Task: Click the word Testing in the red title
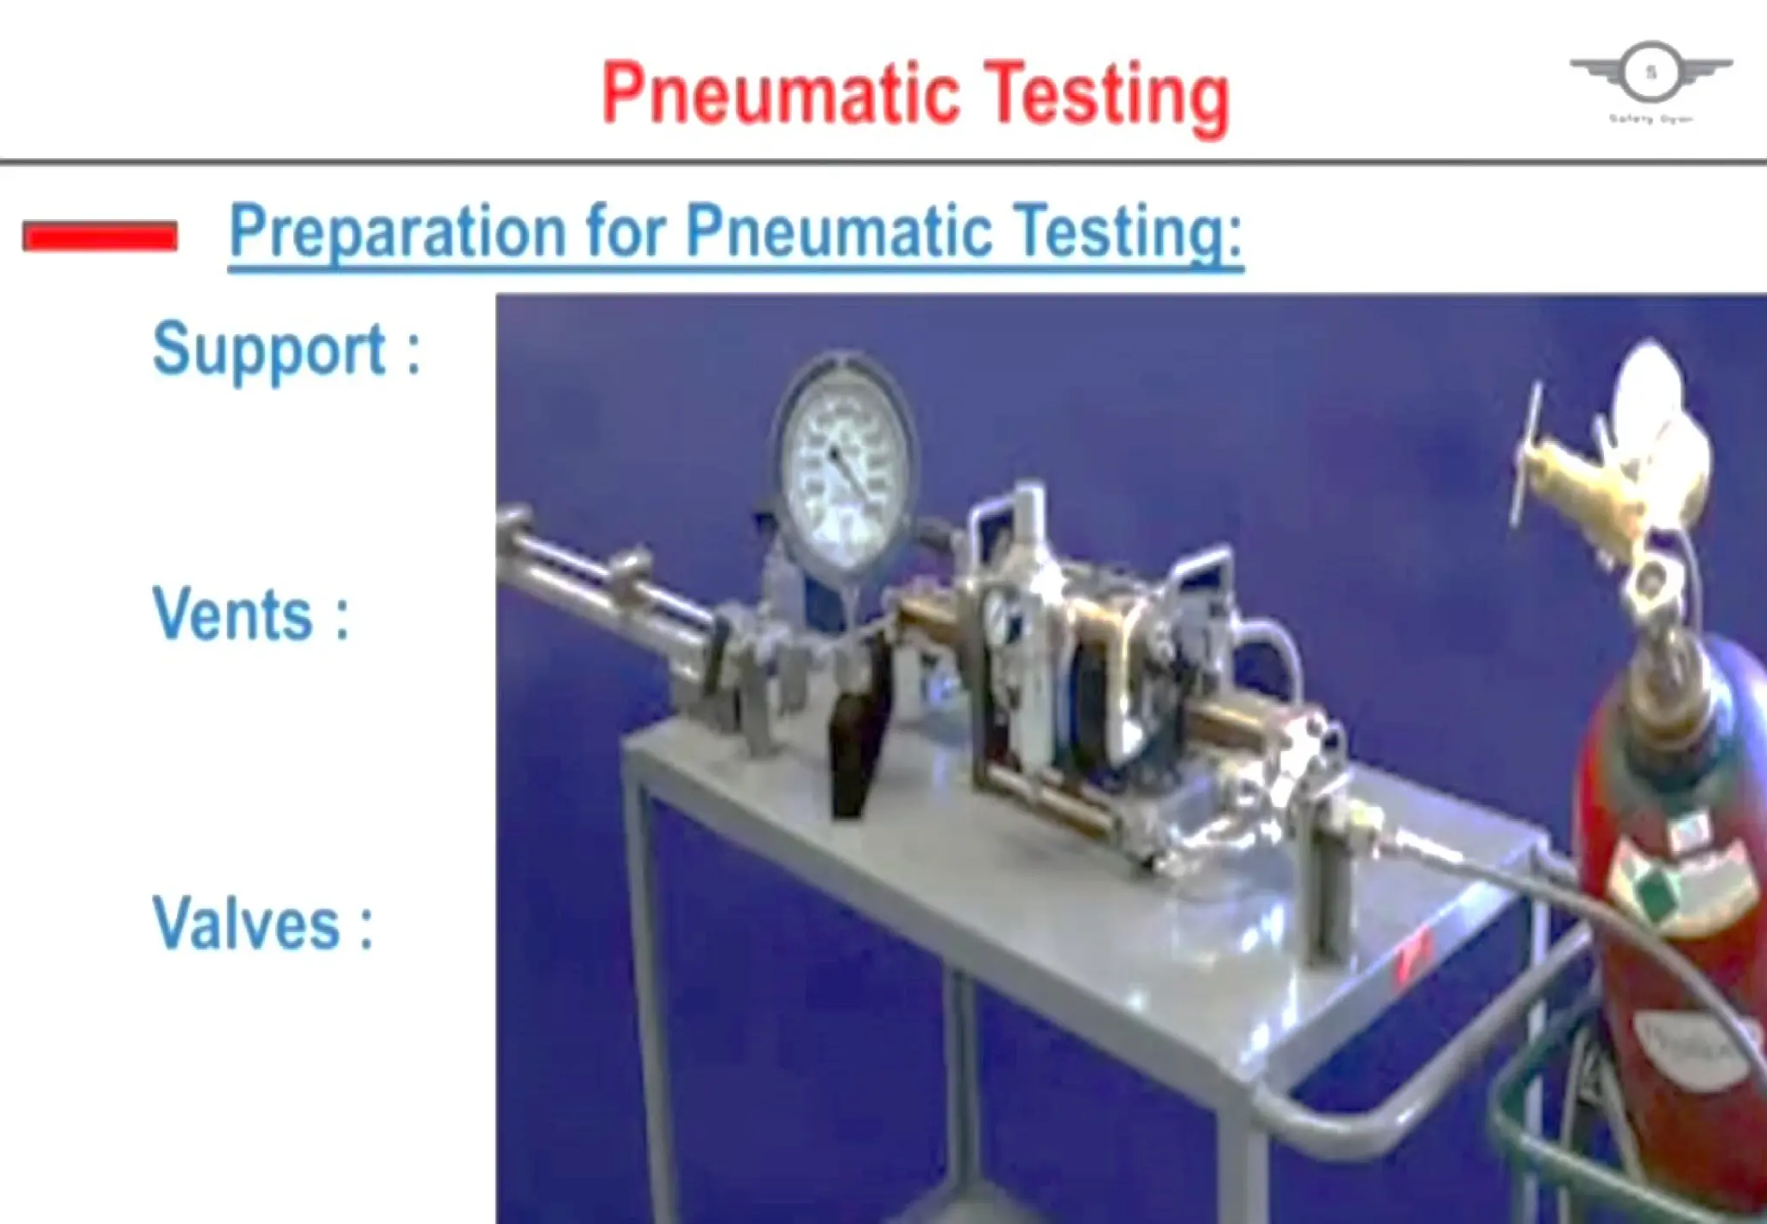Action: pyautogui.click(x=1106, y=97)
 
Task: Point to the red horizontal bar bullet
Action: pyautogui.click(x=100, y=236)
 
